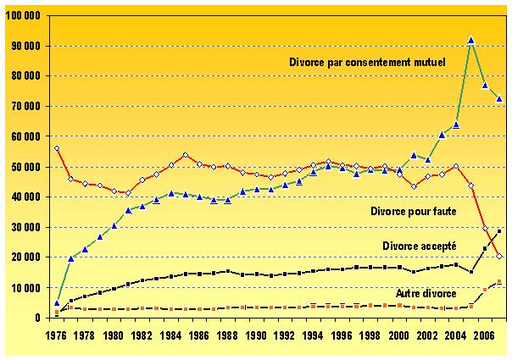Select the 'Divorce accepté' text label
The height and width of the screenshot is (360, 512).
(x=419, y=245)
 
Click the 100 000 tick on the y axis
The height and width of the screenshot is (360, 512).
(x=28, y=16)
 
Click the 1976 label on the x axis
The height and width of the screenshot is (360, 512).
(x=55, y=334)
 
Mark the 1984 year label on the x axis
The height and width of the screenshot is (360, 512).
(x=170, y=334)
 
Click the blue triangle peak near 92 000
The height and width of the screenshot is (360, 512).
(x=471, y=40)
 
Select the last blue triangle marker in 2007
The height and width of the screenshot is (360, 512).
(x=500, y=99)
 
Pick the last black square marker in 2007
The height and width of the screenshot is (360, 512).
(x=500, y=230)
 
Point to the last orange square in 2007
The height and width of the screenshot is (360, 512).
(x=500, y=281)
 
